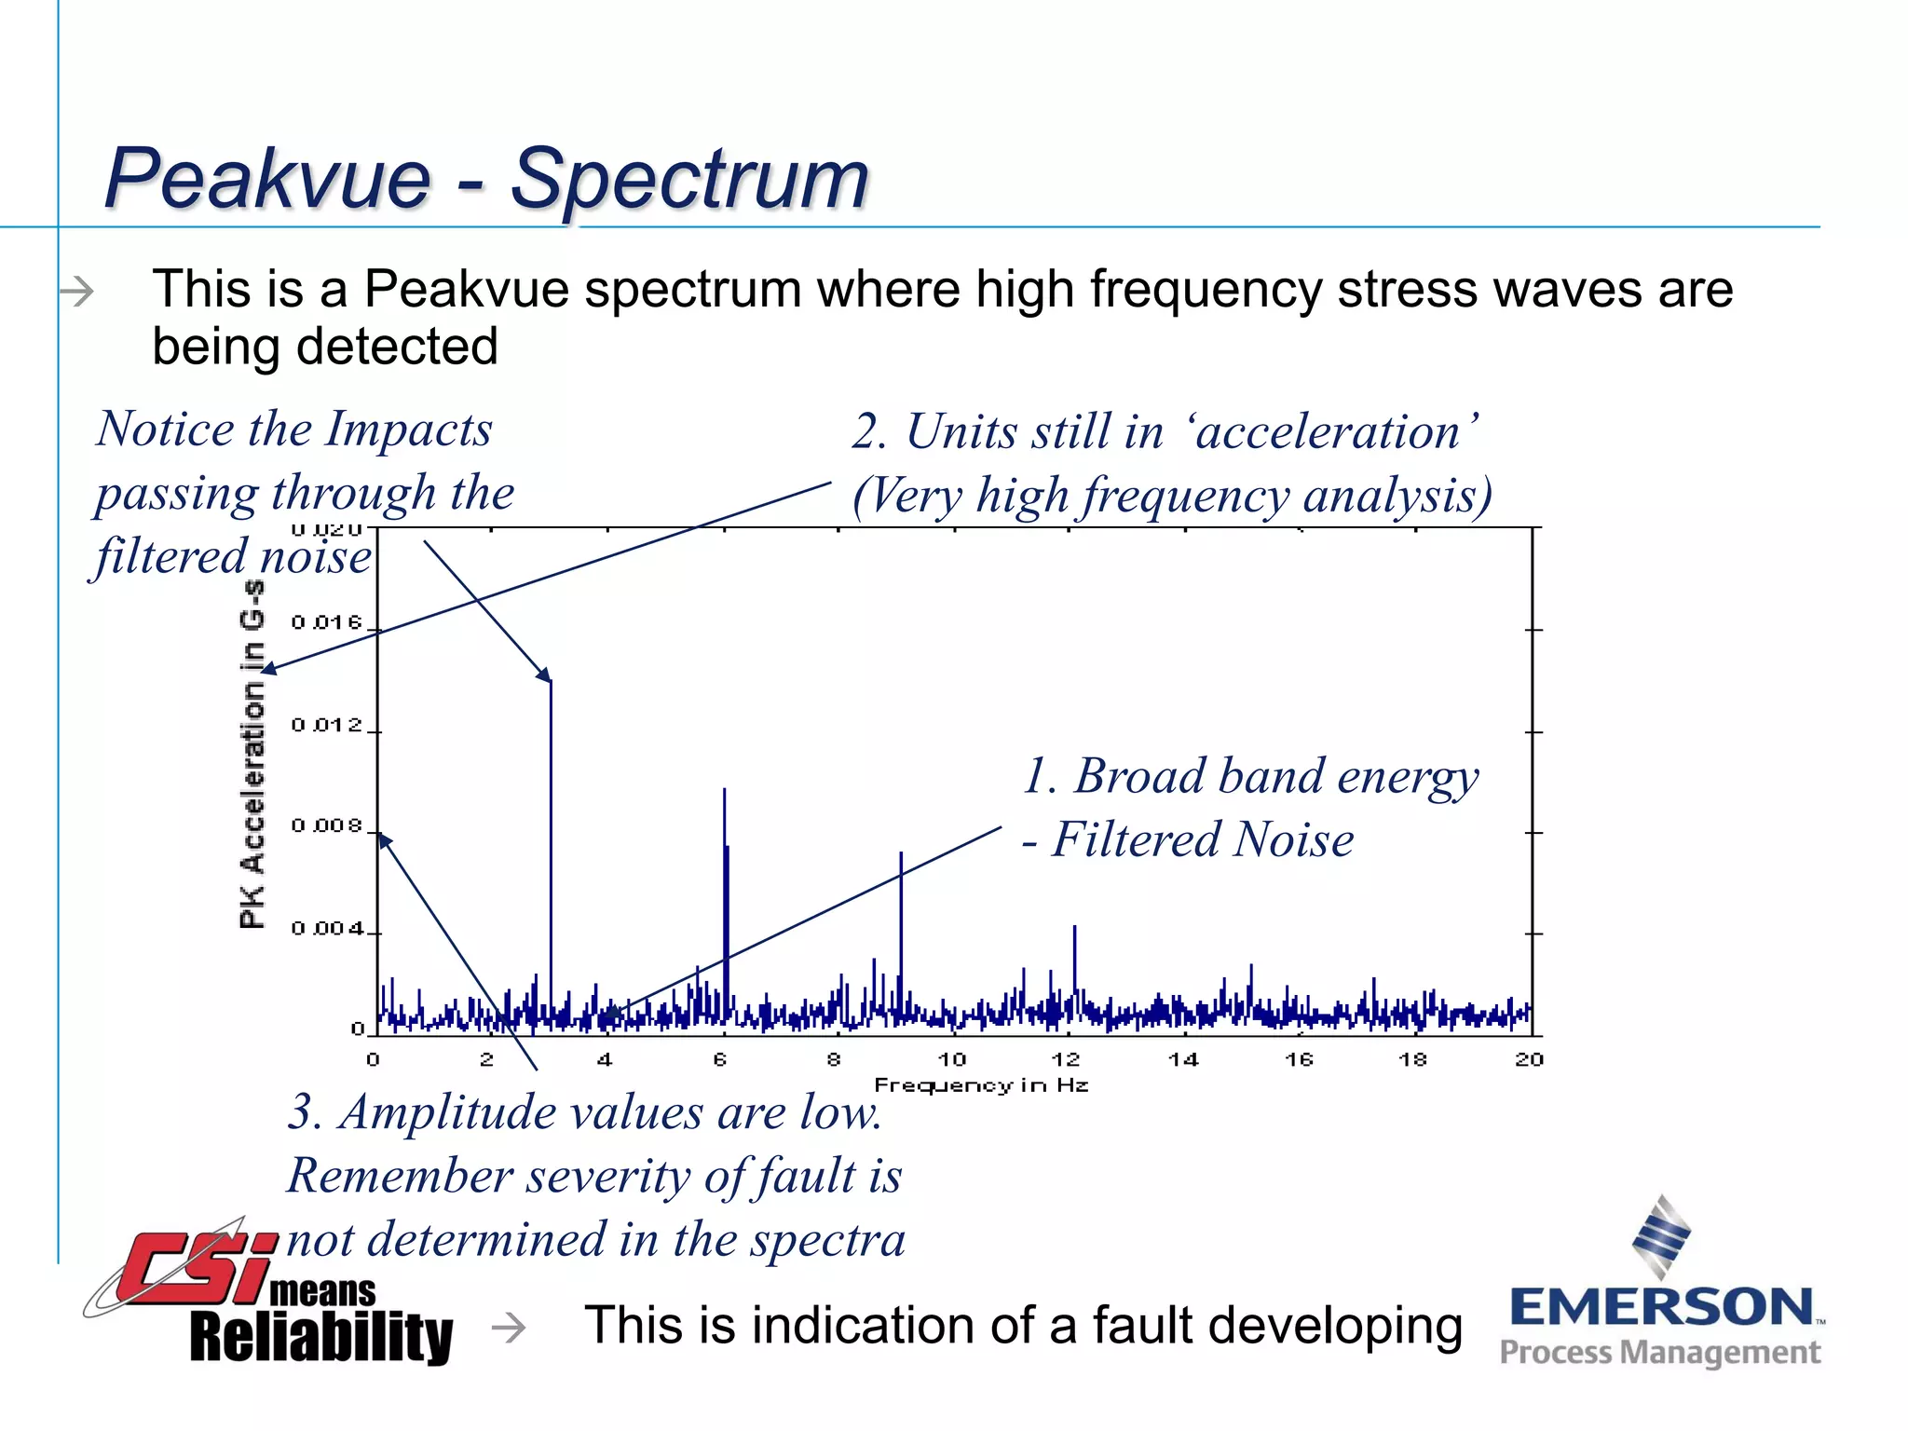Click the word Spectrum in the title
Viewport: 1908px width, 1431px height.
[689, 179]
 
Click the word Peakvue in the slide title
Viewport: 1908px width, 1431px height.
[268, 179]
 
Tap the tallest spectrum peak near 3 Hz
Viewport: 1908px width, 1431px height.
[551, 838]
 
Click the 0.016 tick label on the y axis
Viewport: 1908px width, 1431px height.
[326, 622]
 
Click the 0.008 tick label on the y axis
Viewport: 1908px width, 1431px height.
[326, 826]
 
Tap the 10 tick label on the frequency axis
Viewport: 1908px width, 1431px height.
[951, 1059]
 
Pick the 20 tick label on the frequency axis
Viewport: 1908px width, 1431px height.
[1529, 1059]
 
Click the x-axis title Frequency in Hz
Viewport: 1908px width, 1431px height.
[981, 1085]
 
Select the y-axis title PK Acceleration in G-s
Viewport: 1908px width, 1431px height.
[252, 755]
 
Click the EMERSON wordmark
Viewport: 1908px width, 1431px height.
[1661, 1307]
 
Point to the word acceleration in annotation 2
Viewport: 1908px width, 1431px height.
[1328, 432]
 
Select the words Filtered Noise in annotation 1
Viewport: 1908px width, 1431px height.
[1202, 839]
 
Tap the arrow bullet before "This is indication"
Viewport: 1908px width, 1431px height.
[509, 1327]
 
